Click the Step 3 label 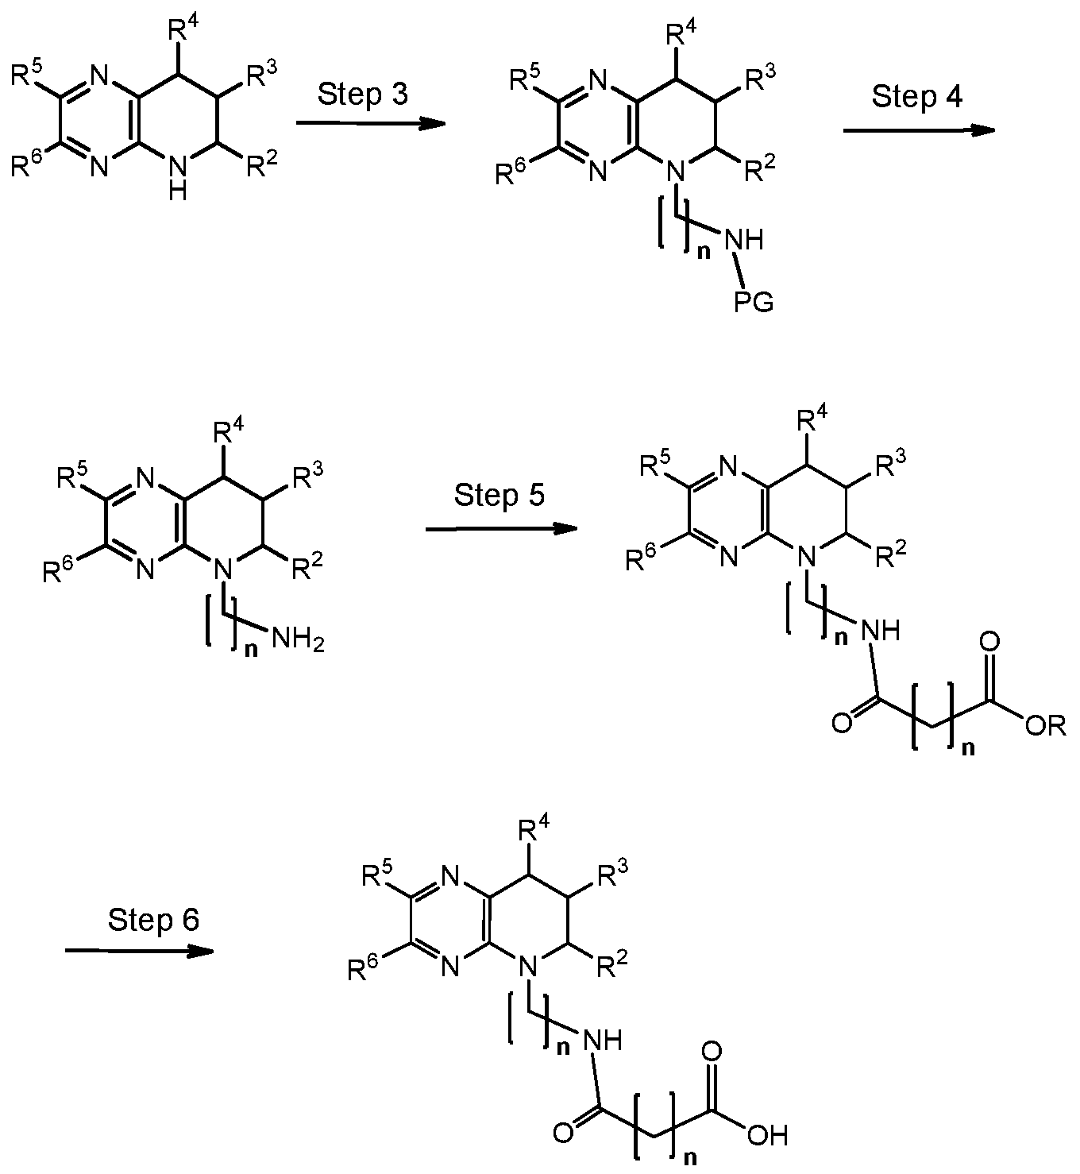[x=362, y=95]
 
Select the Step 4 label [x=916, y=97]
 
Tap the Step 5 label [x=499, y=495]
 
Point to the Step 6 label [x=153, y=920]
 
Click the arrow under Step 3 [x=371, y=123]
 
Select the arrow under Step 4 [x=919, y=130]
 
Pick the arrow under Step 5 [x=501, y=529]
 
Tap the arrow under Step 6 [x=139, y=951]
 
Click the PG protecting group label [x=754, y=302]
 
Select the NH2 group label [x=297, y=639]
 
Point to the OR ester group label [x=1046, y=726]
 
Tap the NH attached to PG [x=744, y=240]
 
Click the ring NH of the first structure [x=178, y=179]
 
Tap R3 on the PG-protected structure [x=760, y=79]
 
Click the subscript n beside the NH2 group [x=251, y=650]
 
